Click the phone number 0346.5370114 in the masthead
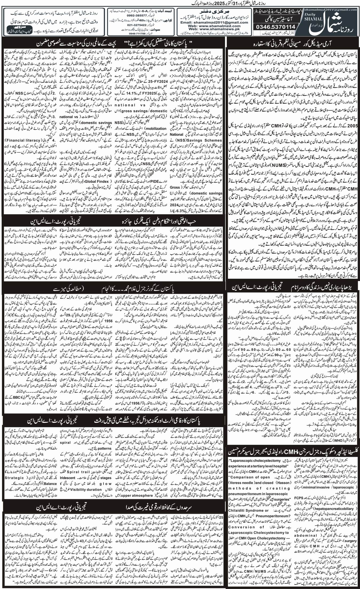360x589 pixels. click(276, 27)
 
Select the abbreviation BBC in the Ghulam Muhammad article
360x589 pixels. click(17, 396)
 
